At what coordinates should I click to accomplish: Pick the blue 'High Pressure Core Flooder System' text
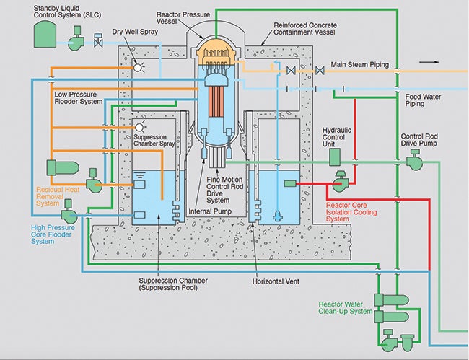(x=56, y=234)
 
